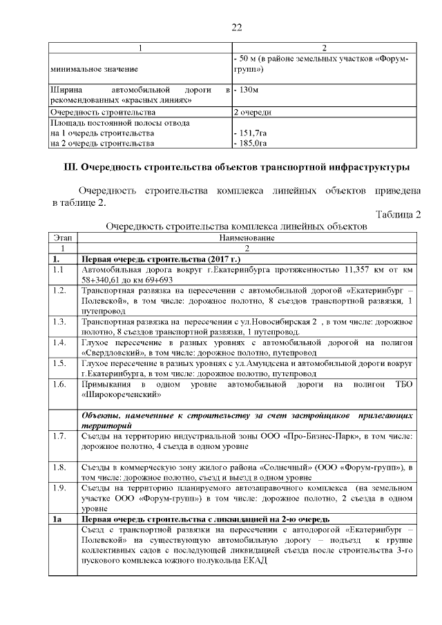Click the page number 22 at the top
click(x=236, y=28)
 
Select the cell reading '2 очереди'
click(x=252, y=112)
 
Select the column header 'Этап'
click(x=64, y=237)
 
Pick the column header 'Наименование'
click(x=247, y=237)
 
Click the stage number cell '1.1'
click(x=58, y=269)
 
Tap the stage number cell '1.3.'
click(x=59, y=321)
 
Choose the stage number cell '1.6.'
click(x=59, y=383)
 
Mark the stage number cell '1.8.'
click(x=59, y=467)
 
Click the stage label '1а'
click(x=58, y=518)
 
